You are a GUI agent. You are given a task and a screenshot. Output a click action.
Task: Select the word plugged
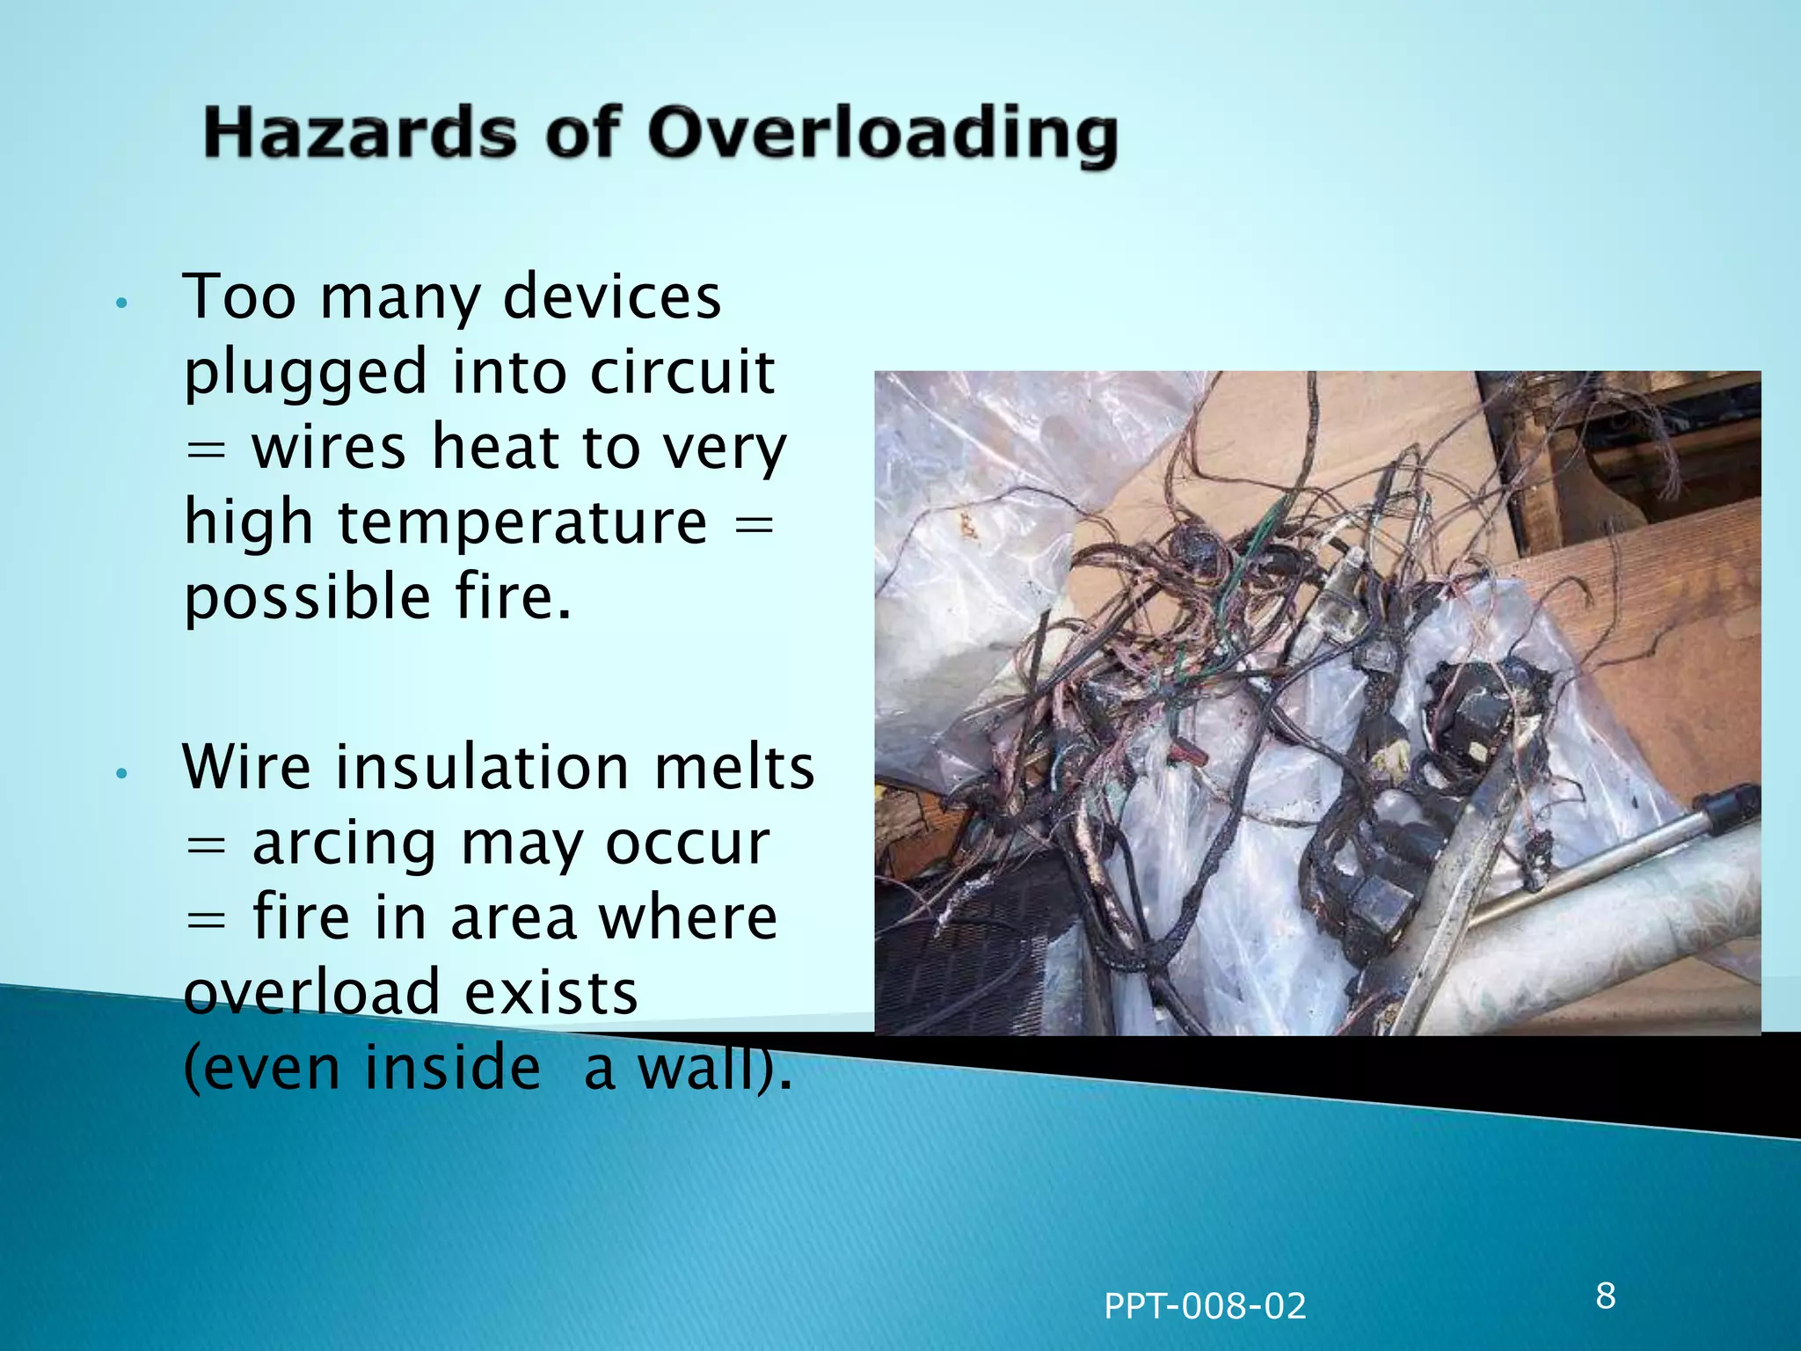pos(305,375)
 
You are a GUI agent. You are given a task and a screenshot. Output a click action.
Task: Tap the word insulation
pos(482,768)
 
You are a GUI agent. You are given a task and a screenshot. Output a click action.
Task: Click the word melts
pos(734,768)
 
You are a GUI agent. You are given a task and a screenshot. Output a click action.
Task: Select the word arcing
pos(344,845)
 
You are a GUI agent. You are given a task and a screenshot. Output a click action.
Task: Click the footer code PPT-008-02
pos(1205,1306)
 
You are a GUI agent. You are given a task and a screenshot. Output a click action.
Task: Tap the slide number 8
pos(1606,1296)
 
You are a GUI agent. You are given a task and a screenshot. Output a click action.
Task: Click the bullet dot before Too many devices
pos(122,303)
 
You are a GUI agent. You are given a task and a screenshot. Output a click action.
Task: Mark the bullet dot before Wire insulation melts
pos(122,774)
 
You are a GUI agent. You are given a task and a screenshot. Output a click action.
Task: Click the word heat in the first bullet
pos(495,448)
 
